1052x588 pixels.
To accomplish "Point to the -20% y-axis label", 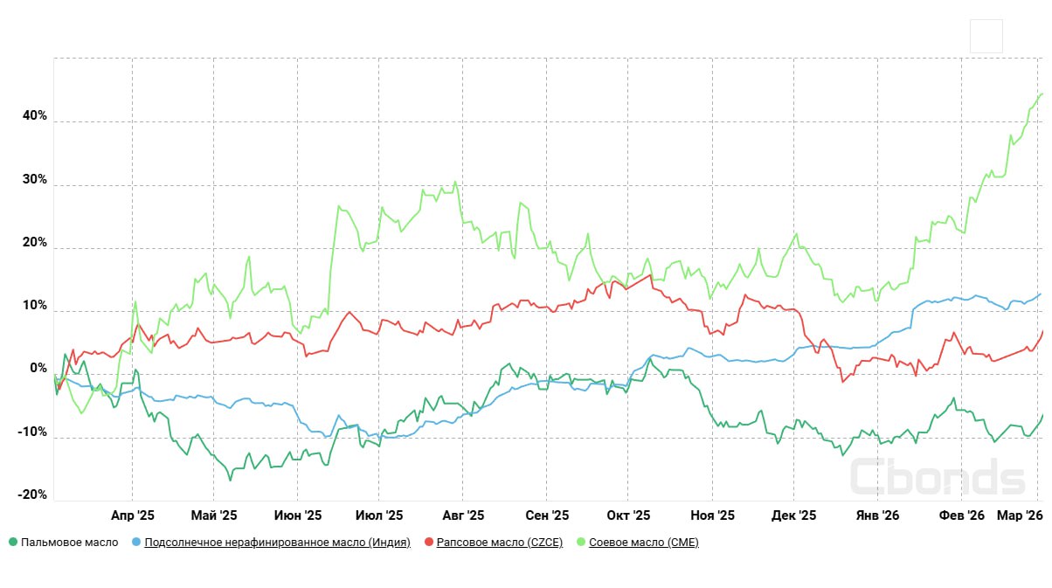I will (x=31, y=495).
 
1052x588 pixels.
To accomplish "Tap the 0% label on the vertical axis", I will (x=38, y=368).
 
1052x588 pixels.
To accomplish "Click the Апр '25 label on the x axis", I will (x=133, y=515).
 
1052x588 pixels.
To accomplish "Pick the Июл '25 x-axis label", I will (x=381, y=515).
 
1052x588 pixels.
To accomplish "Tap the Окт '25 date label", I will (x=628, y=515).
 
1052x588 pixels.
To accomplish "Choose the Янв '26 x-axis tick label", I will (x=878, y=515).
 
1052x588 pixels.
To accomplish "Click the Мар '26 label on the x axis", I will (x=1020, y=515).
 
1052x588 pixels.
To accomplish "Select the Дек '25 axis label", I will (x=794, y=515).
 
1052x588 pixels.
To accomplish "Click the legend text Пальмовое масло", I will (x=69, y=543).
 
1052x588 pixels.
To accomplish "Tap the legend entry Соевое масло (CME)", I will (x=644, y=543).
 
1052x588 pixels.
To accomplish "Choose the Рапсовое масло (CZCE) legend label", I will (x=499, y=543).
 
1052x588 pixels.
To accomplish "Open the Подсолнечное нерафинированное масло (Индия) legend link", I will (x=277, y=543).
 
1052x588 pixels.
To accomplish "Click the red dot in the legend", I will (x=429, y=543).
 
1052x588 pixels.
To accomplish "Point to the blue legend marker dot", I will (x=135, y=543).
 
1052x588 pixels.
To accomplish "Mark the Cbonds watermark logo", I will (x=937, y=477).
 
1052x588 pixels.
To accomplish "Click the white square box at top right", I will (x=986, y=36).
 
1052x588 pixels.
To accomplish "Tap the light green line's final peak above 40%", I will (x=1041, y=93).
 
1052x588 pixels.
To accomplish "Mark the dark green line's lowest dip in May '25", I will (x=231, y=480).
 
